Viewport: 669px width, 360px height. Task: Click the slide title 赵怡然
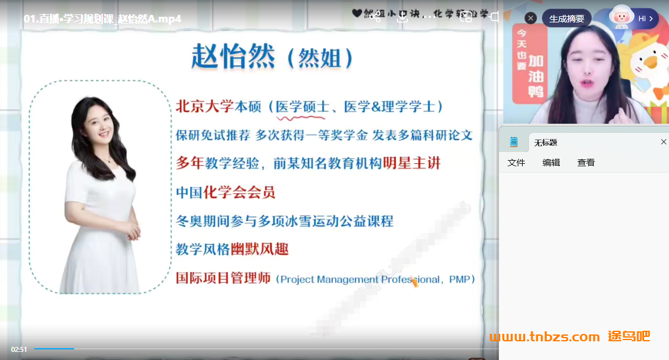tap(233, 57)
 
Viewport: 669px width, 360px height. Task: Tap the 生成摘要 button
tap(566, 19)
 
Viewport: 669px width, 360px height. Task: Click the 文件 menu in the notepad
tap(516, 163)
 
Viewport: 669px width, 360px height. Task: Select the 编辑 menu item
tap(551, 163)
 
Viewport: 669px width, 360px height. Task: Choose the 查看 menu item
tap(586, 163)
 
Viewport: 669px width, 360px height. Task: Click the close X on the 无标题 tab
tap(663, 142)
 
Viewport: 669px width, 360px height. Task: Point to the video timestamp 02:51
tap(19, 349)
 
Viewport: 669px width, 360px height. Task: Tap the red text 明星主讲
tap(412, 163)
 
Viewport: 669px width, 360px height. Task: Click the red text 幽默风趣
tap(260, 249)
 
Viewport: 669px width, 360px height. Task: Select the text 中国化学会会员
tap(225, 192)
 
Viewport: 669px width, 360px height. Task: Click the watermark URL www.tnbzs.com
tap(544, 337)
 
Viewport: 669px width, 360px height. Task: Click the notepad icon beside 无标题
tap(514, 142)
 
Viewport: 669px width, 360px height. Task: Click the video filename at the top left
tap(103, 19)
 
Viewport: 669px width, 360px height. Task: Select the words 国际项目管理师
tap(223, 278)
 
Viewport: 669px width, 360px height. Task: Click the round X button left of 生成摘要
tap(531, 19)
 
